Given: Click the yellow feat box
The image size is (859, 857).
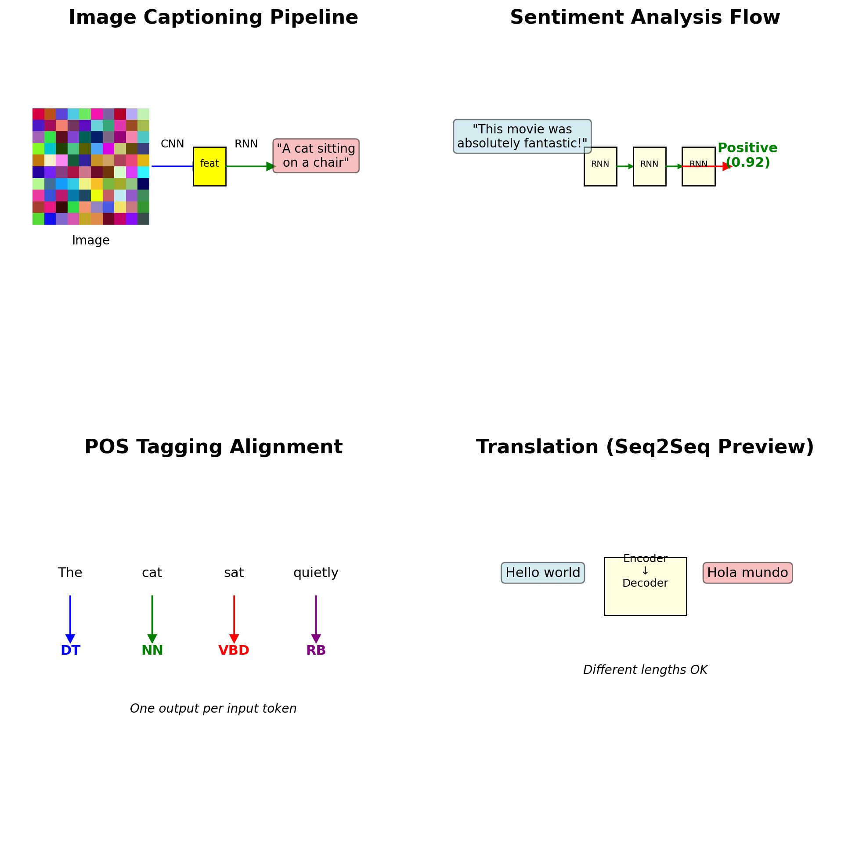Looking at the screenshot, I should click(209, 166).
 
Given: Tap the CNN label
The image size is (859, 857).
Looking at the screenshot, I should click(172, 144).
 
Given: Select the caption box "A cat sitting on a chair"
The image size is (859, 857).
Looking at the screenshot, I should click(316, 155).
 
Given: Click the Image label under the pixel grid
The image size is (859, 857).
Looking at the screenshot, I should click(91, 240).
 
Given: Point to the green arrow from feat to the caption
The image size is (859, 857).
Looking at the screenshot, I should click(249, 166).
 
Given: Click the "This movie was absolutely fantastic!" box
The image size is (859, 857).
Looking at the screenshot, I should click(522, 136).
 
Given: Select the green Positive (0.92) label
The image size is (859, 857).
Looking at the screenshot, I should click(747, 155).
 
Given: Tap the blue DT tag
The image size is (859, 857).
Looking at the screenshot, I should click(70, 650).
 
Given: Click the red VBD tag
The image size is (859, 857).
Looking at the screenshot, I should click(234, 650).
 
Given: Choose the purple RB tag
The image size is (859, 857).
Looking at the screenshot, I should click(316, 650).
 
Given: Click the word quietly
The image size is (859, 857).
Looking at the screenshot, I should click(316, 573).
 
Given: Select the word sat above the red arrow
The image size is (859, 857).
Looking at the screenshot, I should click(234, 573).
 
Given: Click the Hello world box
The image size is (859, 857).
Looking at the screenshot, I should click(542, 573).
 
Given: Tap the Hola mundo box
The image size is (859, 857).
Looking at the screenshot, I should click(747, 573).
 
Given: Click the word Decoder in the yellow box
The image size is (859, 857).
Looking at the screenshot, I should click(645, 583).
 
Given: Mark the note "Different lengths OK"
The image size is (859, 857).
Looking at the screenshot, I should click(645, 670).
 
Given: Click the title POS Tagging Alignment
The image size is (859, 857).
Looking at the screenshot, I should click(213, 447).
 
